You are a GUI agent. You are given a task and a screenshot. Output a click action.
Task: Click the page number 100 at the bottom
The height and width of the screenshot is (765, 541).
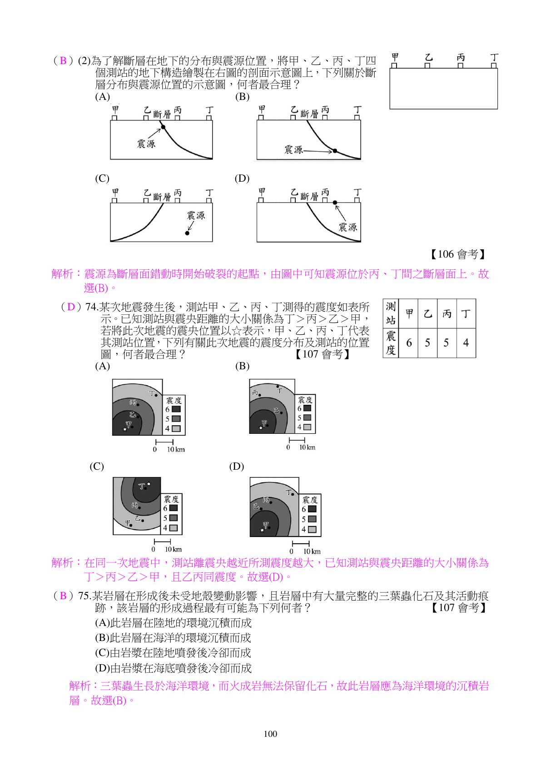point(270,734)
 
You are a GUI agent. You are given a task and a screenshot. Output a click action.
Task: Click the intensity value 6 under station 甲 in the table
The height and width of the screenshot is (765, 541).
point(409,343)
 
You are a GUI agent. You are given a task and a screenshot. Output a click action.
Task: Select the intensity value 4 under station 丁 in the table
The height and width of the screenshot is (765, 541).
point(466,343)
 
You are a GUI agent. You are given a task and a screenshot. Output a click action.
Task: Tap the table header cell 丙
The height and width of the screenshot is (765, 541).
point(447,313)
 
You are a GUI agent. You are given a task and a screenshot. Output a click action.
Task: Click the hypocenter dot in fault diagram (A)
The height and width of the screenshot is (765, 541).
point(163,127)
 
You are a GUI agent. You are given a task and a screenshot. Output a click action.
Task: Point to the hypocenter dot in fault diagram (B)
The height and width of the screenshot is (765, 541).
point(335,151)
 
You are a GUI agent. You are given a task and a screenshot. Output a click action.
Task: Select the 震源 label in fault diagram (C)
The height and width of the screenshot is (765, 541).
point(196,215)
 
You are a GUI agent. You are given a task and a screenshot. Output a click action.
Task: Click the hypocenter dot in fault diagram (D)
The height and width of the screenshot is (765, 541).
point(335,203)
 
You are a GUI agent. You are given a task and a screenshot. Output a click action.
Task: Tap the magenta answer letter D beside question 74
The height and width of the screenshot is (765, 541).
point(71,307)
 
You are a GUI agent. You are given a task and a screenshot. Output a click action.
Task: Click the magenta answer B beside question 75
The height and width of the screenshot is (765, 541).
point(63,596)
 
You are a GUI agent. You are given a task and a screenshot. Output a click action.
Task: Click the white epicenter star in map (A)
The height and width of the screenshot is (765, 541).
point(124,429)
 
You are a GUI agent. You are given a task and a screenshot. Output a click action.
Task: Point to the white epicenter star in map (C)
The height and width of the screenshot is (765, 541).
point(149,484)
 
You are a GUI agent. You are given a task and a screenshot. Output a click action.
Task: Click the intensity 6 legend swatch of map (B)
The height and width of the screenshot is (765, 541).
point(307,408)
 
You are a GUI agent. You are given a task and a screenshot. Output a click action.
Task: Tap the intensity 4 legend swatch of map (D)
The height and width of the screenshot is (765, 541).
point(312,529)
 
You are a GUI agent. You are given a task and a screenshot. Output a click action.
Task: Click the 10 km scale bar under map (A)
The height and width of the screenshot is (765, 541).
point(164,442)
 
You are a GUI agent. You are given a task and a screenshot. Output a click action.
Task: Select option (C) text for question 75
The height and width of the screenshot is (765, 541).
point(173,653)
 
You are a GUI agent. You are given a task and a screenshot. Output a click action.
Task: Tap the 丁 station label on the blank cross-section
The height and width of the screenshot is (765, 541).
point(494,57)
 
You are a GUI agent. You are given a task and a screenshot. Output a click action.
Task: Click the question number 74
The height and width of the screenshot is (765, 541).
point(91,307)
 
